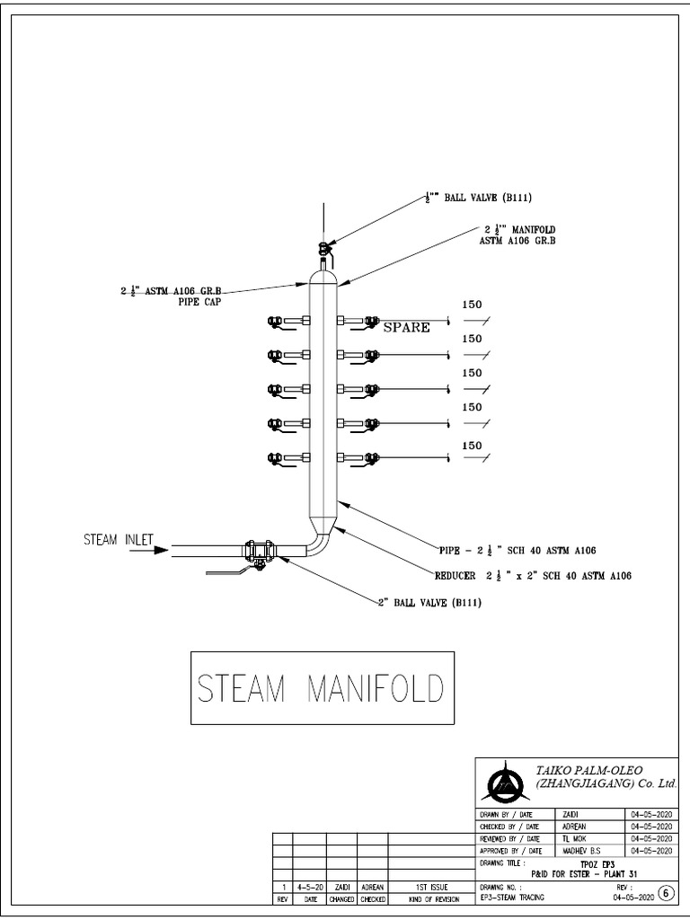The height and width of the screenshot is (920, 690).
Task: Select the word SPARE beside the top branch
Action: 406,327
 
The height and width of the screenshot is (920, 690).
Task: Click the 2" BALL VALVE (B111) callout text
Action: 429,602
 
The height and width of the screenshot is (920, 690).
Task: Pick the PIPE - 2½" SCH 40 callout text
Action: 518,549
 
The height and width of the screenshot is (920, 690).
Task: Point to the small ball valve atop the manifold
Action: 323,249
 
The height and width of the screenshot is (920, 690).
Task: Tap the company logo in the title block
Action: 504,780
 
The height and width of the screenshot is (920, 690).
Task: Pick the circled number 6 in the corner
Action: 664,892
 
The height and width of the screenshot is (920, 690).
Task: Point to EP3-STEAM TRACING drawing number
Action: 513,898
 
